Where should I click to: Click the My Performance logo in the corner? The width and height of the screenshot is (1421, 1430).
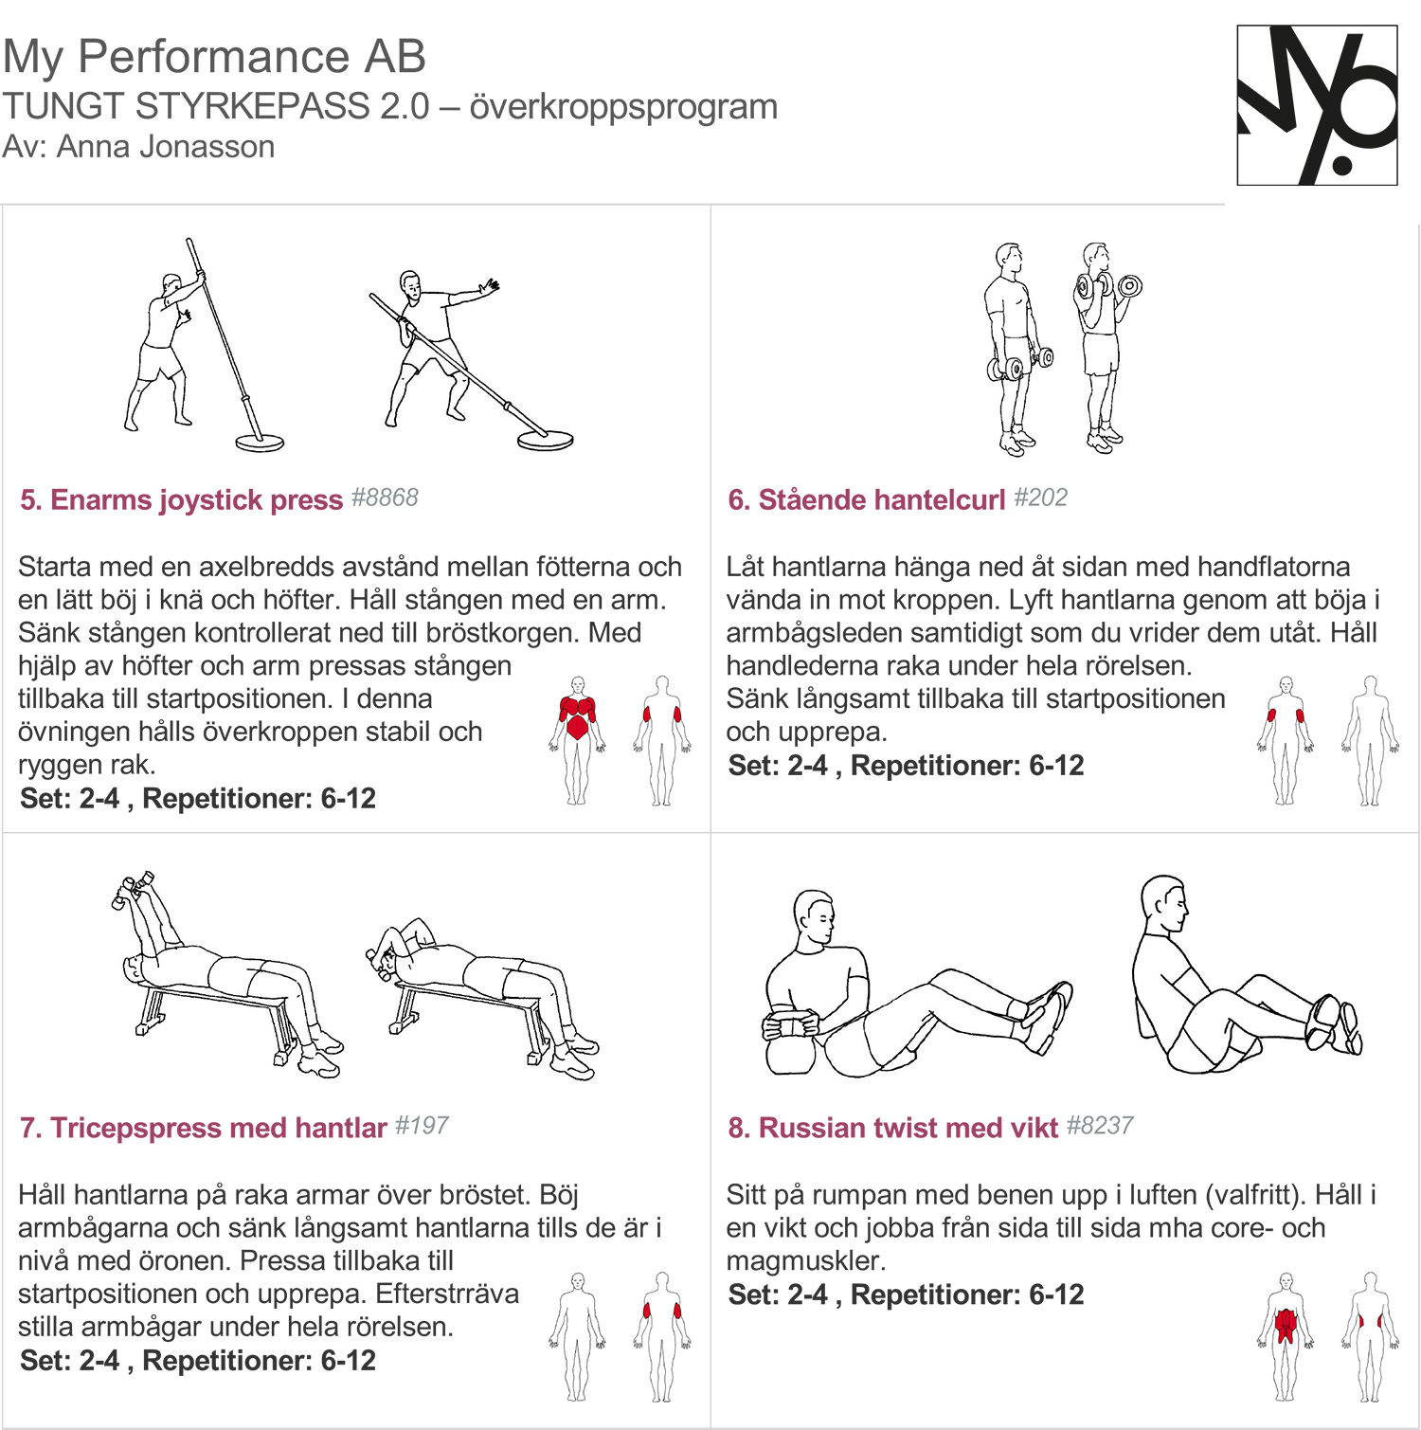click(1317, 104)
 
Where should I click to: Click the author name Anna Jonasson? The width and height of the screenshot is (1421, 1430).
click(166, 147)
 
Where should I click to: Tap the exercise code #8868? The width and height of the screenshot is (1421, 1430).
click(385, 498)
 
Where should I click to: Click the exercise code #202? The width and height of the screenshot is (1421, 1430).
click(1040, 498)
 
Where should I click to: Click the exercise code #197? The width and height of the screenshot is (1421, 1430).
click(422, 1126)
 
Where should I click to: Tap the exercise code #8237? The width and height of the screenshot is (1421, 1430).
click(1100, 1126)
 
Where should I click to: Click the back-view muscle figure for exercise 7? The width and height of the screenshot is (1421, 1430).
click(662, 1336)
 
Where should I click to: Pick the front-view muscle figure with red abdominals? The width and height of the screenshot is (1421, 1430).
click(1286, 1336)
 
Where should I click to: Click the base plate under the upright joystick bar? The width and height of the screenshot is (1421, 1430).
click(260, 443)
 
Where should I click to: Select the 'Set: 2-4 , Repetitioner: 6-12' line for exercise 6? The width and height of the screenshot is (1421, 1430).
click(906, 766)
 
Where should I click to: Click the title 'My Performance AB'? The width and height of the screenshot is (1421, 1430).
click(214, 57)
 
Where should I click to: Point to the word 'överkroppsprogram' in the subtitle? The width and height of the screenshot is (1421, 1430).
click(623, 107)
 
